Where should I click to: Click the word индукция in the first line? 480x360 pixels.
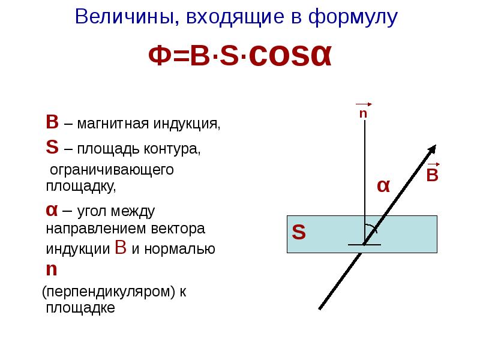186,125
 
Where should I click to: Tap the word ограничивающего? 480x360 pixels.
112,170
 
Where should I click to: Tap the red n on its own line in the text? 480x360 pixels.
52,269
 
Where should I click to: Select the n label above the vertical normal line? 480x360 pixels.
363,113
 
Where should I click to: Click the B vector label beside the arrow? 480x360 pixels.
433,175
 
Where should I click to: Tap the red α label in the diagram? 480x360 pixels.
383,186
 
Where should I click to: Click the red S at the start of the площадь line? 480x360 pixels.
52,147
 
